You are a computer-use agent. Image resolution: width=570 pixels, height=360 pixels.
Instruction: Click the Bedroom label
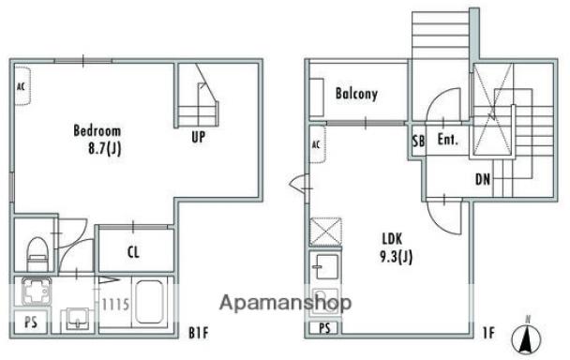pos(97,130)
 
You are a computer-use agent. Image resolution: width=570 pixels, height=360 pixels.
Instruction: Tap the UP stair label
pos(199,137)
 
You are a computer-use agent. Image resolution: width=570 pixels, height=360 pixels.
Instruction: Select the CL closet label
pos(133,252)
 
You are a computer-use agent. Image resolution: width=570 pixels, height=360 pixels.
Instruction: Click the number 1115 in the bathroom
pos(115,305)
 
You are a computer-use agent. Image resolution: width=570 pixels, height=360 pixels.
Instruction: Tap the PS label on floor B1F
pos(31,322)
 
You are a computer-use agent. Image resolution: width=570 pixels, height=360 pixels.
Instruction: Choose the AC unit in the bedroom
pos(22,86)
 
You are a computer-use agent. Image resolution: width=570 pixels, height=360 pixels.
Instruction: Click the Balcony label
pos(356,94)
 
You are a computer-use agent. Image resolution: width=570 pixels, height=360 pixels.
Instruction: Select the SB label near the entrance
pos(418,141)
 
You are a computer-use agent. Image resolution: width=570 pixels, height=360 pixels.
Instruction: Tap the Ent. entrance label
pos(447,140)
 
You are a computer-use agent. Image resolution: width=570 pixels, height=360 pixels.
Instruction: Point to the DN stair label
pos(483,179)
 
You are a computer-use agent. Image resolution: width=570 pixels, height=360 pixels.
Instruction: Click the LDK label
pos(392,239)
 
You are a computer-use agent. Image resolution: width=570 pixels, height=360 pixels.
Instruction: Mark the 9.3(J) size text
pos(397,257)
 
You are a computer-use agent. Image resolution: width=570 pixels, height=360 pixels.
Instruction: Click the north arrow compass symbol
pos(526,337)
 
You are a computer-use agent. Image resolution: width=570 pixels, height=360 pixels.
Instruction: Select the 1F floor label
pos(489,333)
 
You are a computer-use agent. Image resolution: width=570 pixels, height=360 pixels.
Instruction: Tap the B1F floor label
pos(199,333)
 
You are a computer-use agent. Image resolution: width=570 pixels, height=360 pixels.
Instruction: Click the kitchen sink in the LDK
pos(326,266)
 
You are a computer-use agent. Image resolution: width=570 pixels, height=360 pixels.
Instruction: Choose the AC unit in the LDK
pos(317,144)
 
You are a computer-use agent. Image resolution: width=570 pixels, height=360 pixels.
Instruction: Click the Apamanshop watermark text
pos(286,303)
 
